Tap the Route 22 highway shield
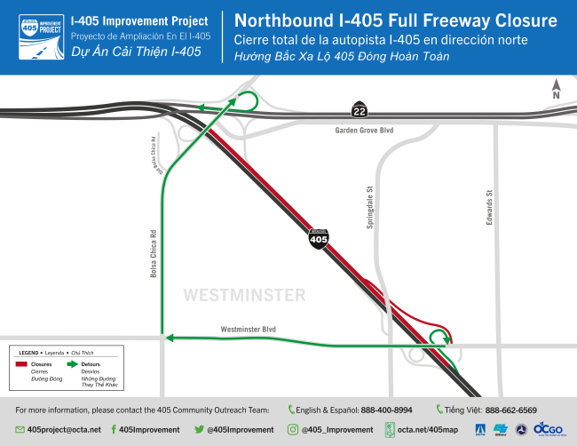pyautogui.click(x=357, y=108)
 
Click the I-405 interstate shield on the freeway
pyautogui.click(x=318, y=238)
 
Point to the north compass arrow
pyautogui.click(x=556, y=89)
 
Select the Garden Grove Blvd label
pyautogui.click(x=364, y=130)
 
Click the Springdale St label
pyautogui.click(x=369, y=207)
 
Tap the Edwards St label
pyautogui.click(x=489, y=207)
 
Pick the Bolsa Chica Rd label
pyautogui.click(x=154, y=254)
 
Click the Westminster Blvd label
pyautogui.click(x=249, y=330)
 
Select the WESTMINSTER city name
pyautogui.click(x=244, y=295)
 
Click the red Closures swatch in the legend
pyautogui.click(x=20, y=364)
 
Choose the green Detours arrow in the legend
pyautogui.click(x=70, y=364)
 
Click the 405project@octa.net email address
pyautogui.click(x=64, y=429)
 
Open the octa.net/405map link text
pyautogui.click(x=430, y=429)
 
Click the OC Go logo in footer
pyautogui.click(x=548, y=429)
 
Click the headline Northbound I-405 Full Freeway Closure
pyautogui.click(x=395, y=20)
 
